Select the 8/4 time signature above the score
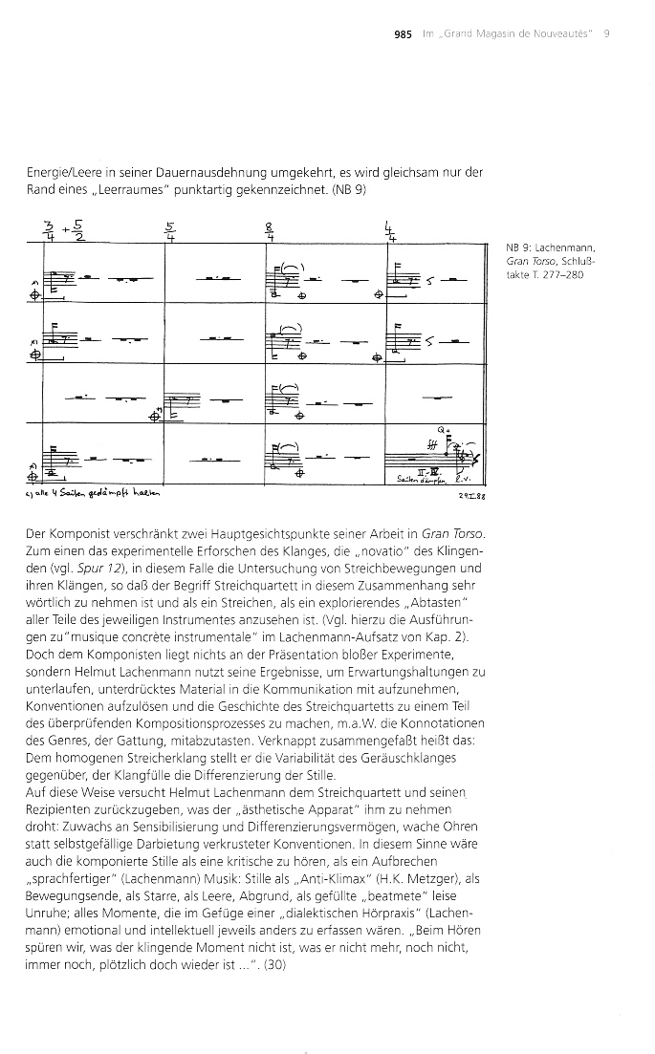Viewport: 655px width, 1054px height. point(271,232)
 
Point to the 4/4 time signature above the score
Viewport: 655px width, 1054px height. point(389,232)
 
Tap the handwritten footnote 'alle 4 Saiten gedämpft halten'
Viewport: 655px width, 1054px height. point(97,497)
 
